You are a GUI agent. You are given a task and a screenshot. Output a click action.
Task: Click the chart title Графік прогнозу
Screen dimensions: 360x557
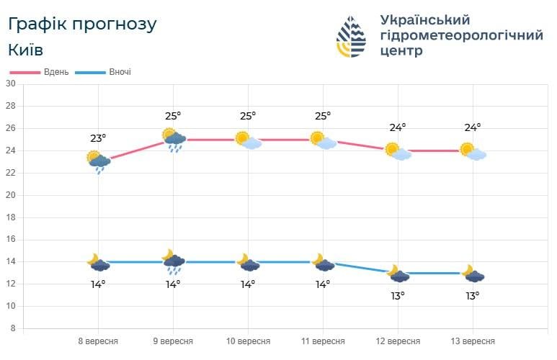tap(81, 24)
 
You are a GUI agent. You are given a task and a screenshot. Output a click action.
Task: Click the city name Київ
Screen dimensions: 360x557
tap(25, 50)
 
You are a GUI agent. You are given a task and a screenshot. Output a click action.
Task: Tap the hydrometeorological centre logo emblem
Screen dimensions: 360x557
tap(352, 37)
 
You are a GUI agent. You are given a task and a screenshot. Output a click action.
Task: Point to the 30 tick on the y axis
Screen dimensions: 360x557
tap(11, 84)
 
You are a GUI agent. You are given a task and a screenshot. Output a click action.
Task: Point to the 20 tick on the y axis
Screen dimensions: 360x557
tap(11, 195)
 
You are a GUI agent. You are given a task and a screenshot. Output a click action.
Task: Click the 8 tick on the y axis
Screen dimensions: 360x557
tap(13, 328)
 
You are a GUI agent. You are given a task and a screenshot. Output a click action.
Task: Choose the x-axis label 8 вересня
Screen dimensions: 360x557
tap(98, 341)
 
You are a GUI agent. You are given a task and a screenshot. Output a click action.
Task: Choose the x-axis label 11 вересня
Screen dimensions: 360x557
tap(323, 341)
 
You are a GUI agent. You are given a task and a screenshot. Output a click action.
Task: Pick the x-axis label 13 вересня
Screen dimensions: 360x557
tap(473, 341)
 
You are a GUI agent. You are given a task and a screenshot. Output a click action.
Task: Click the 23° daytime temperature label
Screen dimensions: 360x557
tap(98, 138)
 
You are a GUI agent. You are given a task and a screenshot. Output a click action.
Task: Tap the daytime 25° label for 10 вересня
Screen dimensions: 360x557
tap(248, 115)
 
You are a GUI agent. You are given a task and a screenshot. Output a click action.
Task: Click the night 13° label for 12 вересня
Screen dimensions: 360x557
tap(398, 295)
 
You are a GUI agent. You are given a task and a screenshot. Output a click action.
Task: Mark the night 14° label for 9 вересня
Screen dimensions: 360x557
tap(173, 284)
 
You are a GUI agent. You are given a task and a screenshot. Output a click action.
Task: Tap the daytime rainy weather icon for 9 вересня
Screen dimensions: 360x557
tap(174, 139)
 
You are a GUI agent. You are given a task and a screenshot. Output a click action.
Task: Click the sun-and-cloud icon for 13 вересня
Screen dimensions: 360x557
tap(473, 151)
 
